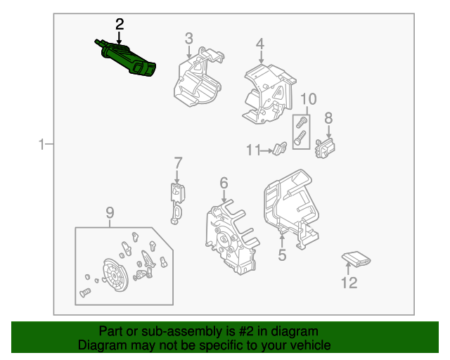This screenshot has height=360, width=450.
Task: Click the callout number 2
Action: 120,24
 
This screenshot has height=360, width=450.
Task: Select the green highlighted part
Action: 130,60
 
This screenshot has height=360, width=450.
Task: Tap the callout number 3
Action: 189,38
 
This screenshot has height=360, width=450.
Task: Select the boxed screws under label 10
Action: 301,130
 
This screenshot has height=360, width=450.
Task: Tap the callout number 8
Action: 328,117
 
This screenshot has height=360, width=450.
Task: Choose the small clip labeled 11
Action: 279,148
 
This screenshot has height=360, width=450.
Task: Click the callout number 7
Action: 178,162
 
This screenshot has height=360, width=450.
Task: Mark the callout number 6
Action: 224,184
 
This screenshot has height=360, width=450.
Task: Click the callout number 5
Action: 282,255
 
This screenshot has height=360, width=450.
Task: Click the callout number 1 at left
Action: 41,145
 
